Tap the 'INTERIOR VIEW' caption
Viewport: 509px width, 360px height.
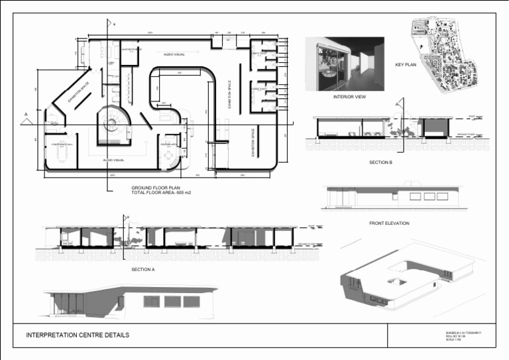[349, 97]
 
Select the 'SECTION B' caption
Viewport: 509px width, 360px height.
[382, 162]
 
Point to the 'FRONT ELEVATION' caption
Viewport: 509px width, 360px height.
[389, 223]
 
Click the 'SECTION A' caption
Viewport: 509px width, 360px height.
[143, 270]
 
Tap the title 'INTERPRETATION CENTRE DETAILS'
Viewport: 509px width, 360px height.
[78, 335]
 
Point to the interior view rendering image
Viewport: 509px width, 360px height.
[344, 64]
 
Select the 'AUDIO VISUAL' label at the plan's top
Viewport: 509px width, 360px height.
[175, 54]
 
